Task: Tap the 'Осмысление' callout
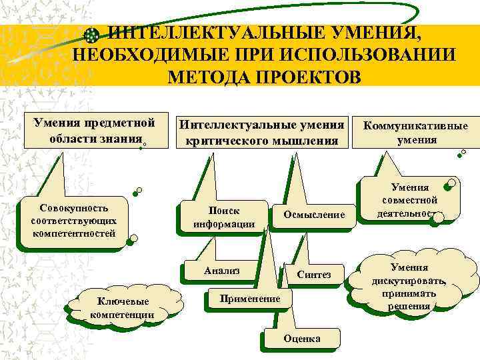pyautogui.click(x=314, y=215)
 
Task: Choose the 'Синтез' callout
pyautogui.click(x=314, y=275)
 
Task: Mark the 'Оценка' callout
pyautogui.click(x=301, y=339)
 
